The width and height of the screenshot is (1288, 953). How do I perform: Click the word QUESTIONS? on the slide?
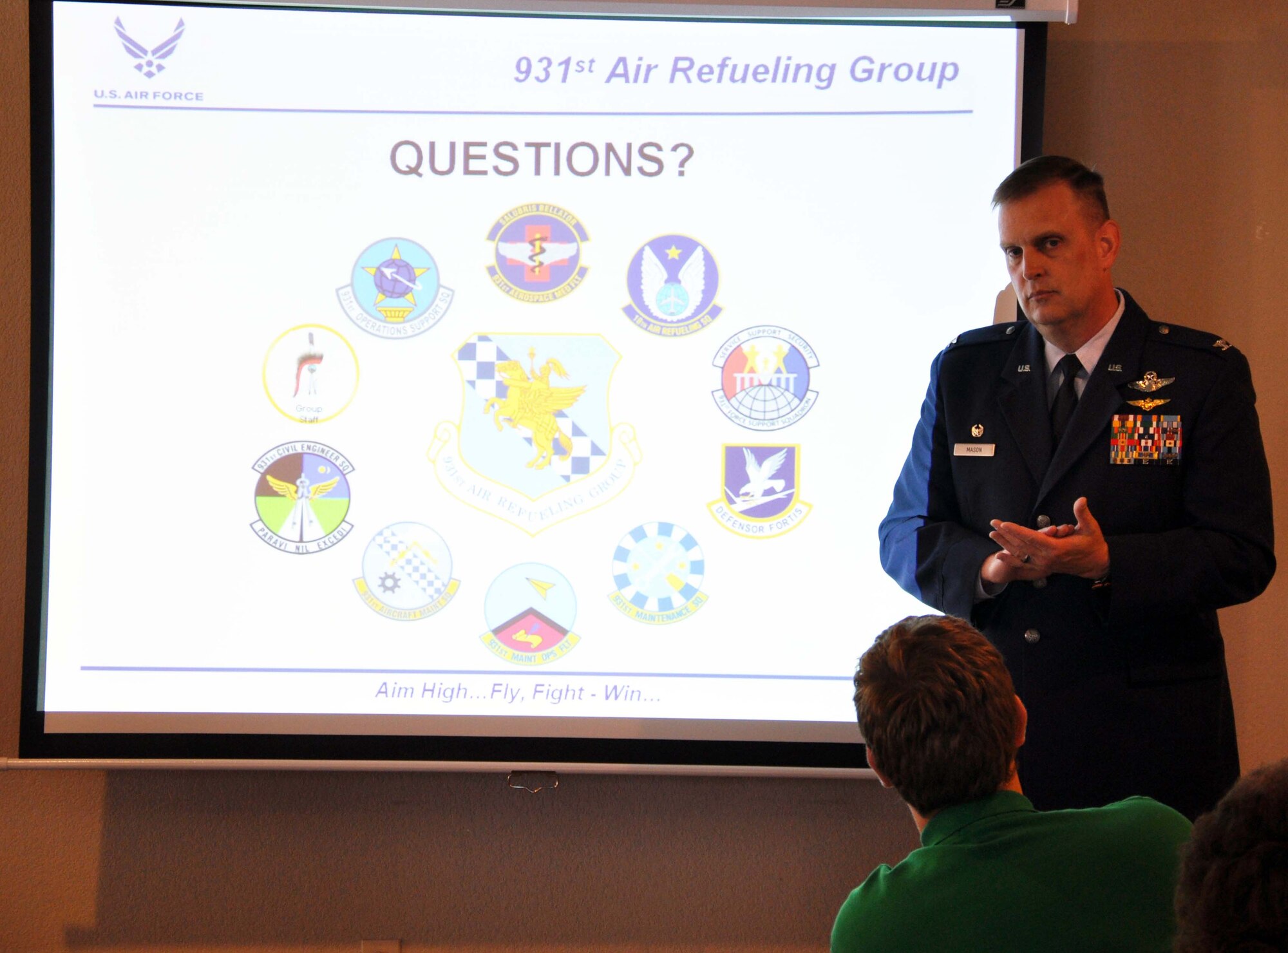pyautogui.click(x=542, y=159)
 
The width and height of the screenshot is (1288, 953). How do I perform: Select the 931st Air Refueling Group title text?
pyautogui.click(x=736, y=70)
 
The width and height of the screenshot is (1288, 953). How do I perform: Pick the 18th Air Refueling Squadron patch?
pyautogui.click(x=672, y=284)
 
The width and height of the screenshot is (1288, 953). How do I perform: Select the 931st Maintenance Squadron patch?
pyautogui.click(x=658, y=572)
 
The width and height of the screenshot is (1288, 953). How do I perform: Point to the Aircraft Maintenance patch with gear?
pyautogui.click(x=406, y=571)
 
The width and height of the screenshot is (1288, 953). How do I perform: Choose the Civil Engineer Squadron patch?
pyautogui.click(x=302, y=496)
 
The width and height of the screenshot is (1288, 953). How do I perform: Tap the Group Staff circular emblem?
pyautogui.click(x=310, y=373)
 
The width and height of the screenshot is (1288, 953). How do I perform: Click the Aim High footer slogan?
pyautogui.click(x=518, y=692)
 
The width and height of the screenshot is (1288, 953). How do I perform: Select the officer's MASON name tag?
pyautogui.click(x=974, y=449)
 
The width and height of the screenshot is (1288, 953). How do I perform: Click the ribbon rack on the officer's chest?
pyautogui.click(x=1146, y=439)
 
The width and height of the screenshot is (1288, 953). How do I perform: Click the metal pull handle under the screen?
pyautogui.click(x=533, y=780)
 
